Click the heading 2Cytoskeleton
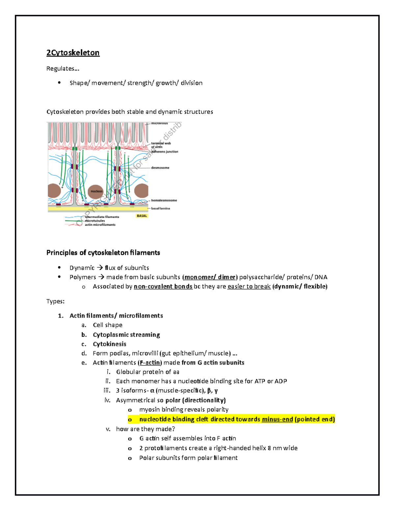click(x=73, y=53)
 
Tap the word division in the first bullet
click(x=192, y=83)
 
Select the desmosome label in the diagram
click(x=160, y=168)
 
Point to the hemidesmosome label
click(x=164, y=200)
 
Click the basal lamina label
click(x=161, y=208)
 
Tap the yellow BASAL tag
click(x=142, y=216)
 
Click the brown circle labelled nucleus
click(x=96, y=191)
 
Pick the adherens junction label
click(x=165, y=152)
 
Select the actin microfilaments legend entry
click(x=100, y=225)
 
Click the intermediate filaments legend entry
click(x=102, y=217)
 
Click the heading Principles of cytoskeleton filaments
click(x=103, y=253)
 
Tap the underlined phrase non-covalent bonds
click(x=163, y=286)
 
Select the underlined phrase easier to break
click(x=249, y=286)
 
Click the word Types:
click(x=55, y=301)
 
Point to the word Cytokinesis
click(x=110, y=344)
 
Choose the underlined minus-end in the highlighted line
click(x=277, y=419)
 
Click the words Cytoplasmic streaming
click(x=126, y=335)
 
